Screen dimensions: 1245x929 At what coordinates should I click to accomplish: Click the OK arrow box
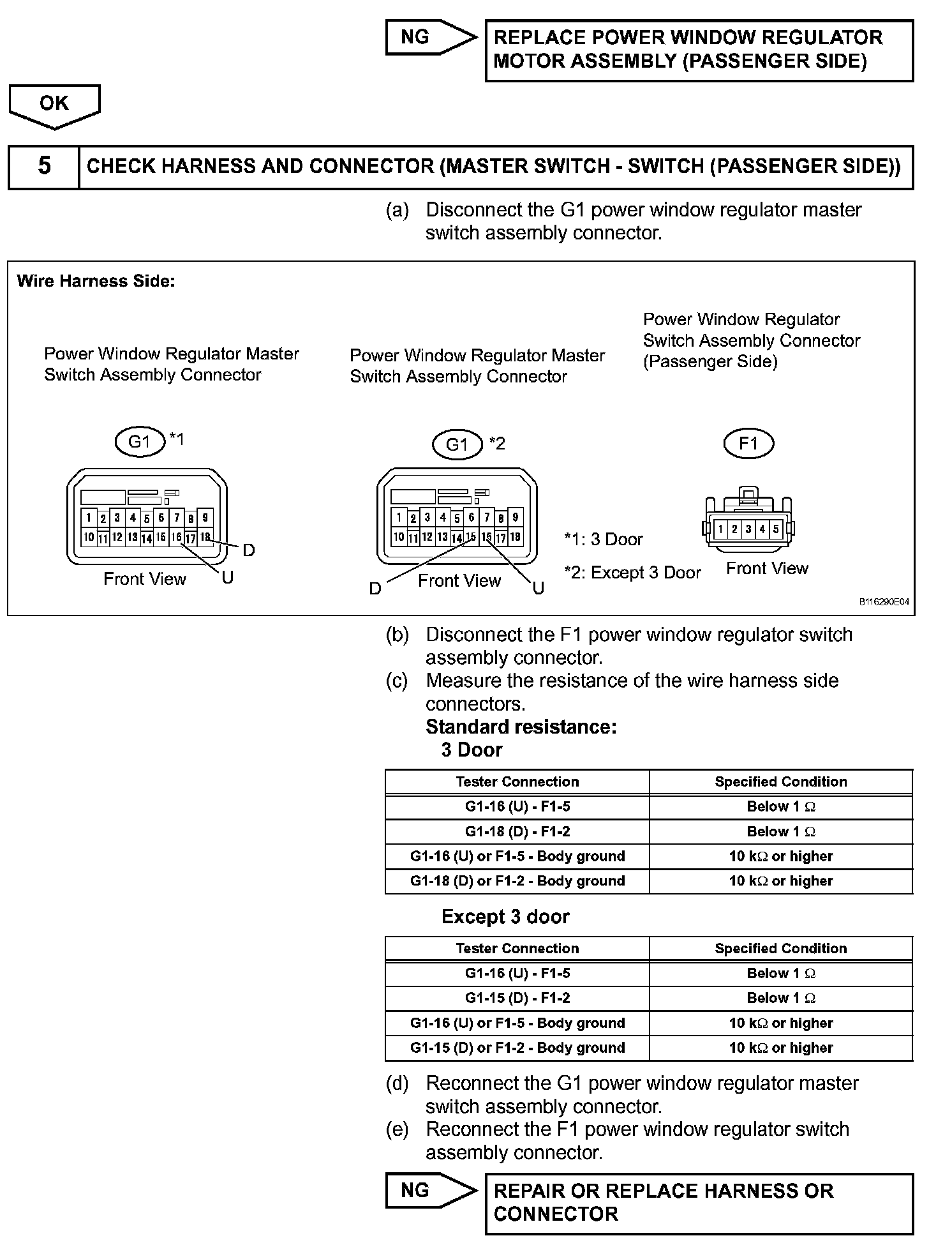tap(54, 104)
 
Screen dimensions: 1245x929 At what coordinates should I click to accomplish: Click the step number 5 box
tap(44, 166)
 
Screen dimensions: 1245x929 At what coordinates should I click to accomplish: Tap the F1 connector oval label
tap(748, 444)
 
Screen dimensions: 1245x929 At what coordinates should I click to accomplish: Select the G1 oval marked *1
tap(140, 441)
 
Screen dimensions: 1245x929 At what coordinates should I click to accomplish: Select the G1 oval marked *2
tap(457, 445)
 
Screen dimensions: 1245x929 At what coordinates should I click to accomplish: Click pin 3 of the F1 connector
tap(748, 529)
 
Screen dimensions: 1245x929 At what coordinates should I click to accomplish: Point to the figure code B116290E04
tap(884, 601)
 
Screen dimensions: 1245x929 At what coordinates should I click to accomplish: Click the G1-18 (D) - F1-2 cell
tap(517, 831)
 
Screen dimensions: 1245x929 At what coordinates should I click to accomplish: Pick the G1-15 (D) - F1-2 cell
tap(517, 998)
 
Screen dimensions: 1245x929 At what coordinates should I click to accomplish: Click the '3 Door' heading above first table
tap(472, 750)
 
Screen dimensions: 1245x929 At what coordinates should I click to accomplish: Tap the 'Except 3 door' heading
tap(505, 917)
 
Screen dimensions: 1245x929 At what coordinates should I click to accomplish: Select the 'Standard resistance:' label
tap(521, 727)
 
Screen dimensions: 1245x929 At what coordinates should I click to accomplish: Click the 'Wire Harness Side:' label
tap(96, 281)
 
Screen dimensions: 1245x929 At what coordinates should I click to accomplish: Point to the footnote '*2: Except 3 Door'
tap(632, 573)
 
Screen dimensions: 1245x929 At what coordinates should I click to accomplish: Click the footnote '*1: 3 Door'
tap(604, 539)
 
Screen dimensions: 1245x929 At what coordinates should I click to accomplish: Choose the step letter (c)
tap(397, 681)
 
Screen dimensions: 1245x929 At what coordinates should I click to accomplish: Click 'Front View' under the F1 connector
tap(767, 568)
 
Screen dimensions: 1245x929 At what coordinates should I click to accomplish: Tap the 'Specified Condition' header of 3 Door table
tap(781, 781)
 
